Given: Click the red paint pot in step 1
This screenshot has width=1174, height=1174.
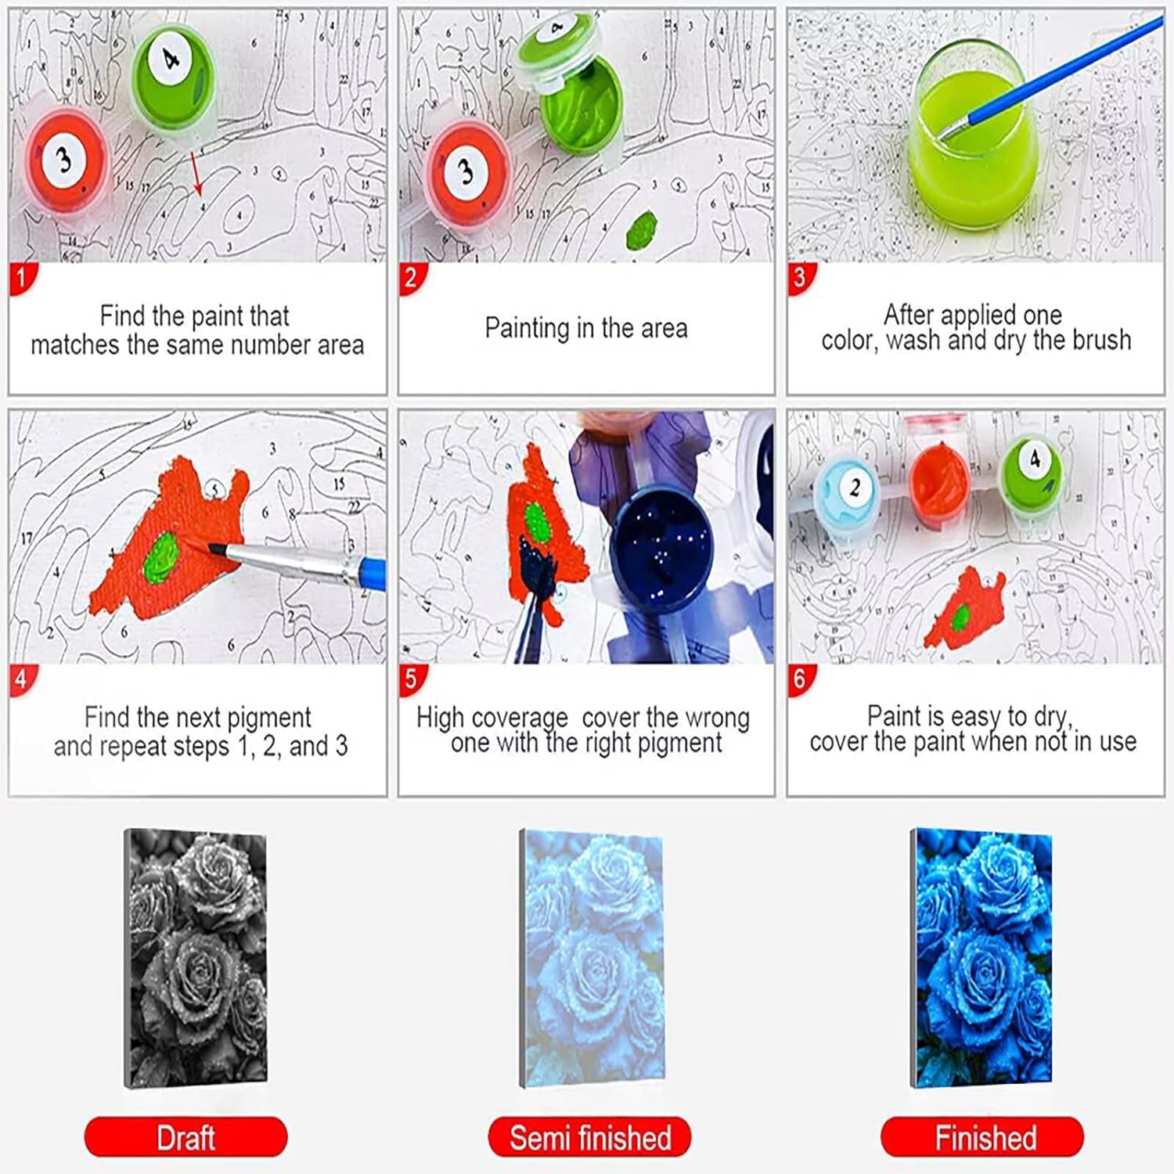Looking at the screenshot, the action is pyautogui.click(x=66, y=160).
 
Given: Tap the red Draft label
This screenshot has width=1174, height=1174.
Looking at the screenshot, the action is pyautogui.click(x=186, y=1136).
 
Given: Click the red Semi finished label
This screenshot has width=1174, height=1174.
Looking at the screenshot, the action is pyautogui.click(x=590, y=1136).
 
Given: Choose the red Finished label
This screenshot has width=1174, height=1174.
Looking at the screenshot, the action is pyautogui.click(x=983, y=1136).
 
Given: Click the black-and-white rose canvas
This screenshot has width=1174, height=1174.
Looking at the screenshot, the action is pyautogui.click(x=196, y=958).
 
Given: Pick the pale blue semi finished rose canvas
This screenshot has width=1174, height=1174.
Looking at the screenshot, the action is pyautogui.click(x=592, y=960).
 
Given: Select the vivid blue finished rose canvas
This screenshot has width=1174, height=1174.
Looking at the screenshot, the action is pyautogui.click(x=981, y=958).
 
